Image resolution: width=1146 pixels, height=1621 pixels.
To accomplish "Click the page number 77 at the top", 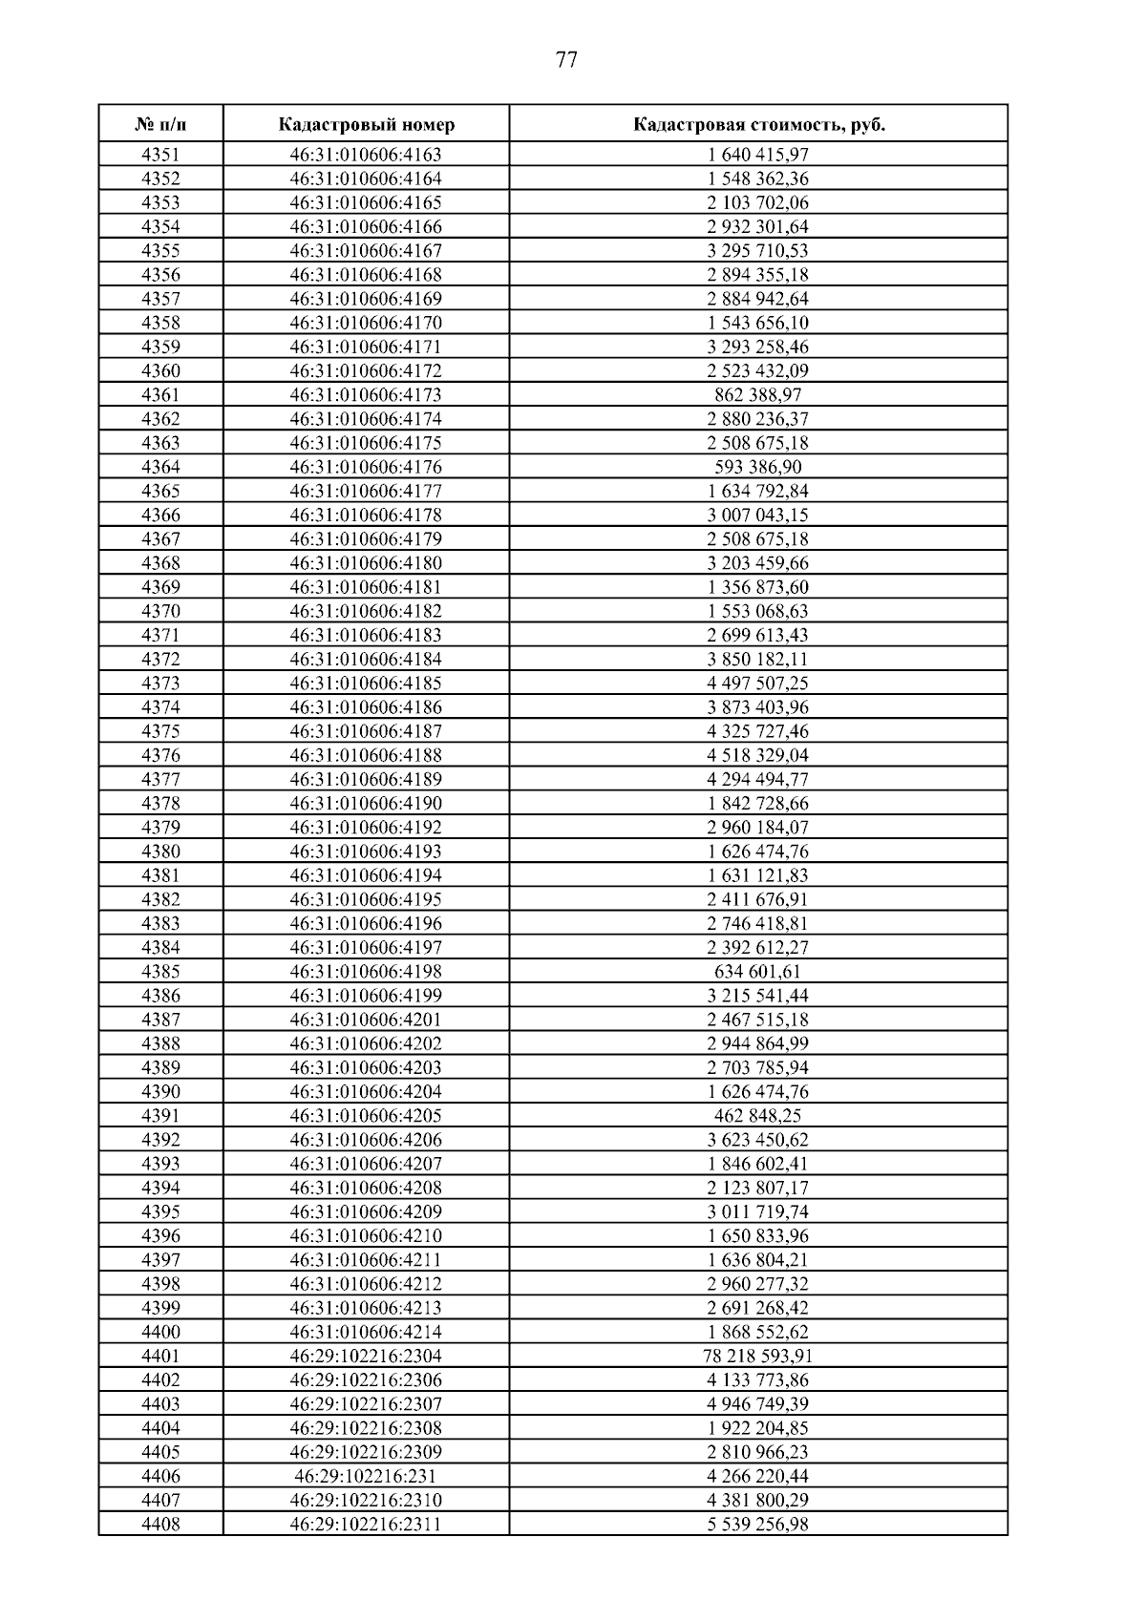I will pyautogui.click(x=565, y=61).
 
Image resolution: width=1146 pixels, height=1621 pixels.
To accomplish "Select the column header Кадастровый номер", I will pyautogui.click(x=367, y=125).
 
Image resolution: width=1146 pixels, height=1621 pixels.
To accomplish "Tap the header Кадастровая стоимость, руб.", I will pyautogui.click(x=758, y=125).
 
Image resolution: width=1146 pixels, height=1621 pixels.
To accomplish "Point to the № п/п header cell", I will pyautogui.click(x=160, y=125).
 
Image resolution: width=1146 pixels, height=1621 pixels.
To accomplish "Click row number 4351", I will pyautogui.click(x=160, y=155).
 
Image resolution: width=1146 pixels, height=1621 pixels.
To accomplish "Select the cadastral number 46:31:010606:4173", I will pyautogui.click(x=366, y=395).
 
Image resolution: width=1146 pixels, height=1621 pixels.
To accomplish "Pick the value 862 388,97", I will pyautogui.click(x=758, y=395).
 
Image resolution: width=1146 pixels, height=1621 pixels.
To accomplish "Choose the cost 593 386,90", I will pyautogui.click(x=758, y=467).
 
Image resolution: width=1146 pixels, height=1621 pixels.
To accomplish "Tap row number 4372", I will pyautogui.click(x=160, y=660).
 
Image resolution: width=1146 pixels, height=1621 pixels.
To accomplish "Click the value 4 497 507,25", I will pyautogui.click(x=758, y=684).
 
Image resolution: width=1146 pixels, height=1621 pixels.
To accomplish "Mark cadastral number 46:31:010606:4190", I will pyautogui.click(x=366, y=804).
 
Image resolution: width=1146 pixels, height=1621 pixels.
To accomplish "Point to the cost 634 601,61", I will pyautogui.click(x=758, y=972).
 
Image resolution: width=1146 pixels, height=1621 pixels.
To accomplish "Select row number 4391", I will pyautogui.click(x=160, y=1116).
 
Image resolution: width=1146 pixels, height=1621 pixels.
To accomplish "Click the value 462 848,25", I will pyautogui.click(x=758, y=1116).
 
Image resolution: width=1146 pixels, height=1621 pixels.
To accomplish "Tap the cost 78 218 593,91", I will pyautogui.click(x=758, y=1357).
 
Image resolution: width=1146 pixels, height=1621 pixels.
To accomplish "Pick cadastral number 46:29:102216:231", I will pyautogui.click(x=366, y=1477).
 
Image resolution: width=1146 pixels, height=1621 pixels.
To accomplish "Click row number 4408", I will pyautogui.click(x=160, y=1525).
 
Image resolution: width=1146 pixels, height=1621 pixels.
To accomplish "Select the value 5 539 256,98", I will pyautogui.click(x=758, y=1525).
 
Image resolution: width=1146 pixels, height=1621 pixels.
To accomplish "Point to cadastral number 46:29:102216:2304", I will pyautogui.click(x=366, y=1357).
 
